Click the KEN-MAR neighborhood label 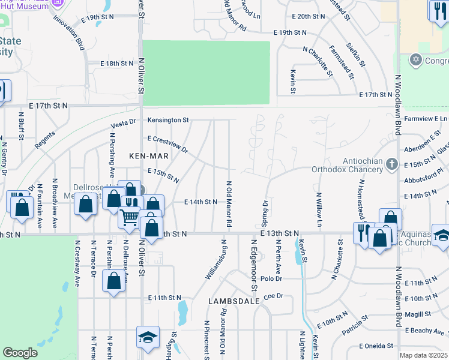click(147, 155)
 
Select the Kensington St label click(169, 120)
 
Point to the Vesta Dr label click(123, 124)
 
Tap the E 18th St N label click(116, 63)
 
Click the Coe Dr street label click(273, 295)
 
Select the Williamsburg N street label click(216, 259)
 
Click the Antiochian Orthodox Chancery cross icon click(391, 164)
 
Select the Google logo click(20, 353)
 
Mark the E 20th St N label click(308, 16)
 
